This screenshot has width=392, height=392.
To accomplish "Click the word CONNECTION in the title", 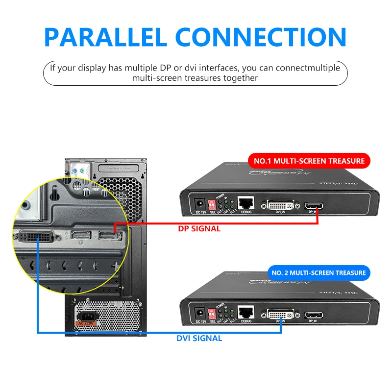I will point(261,38).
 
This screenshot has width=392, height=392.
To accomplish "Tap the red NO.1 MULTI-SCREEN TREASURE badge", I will point(309,161).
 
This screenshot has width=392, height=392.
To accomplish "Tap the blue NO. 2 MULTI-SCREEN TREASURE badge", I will point(318,273).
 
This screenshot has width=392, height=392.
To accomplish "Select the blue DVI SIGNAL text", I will point(199,338).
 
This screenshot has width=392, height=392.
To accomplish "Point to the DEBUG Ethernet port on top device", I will point(245,203).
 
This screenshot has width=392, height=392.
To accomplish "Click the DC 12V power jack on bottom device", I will point(199,313).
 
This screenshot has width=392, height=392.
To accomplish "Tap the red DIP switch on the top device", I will point(212,202).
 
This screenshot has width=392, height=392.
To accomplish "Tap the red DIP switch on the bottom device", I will point(212,312).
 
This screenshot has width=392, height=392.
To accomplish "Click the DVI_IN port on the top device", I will point(281,204).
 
